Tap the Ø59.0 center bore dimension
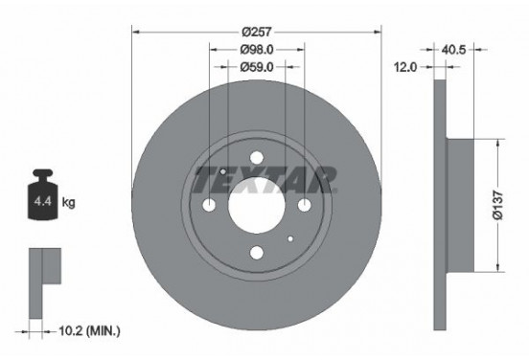[x=256, y=68]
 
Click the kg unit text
[x=69, y=202]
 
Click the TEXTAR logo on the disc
[x=264, y=178]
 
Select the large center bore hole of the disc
[x=256, y=206]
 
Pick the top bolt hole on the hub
[x=256, y=159]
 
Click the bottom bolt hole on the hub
[x=256, y=253]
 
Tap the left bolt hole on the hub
[x=209, y=206]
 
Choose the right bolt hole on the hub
[x=303, y=206]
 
